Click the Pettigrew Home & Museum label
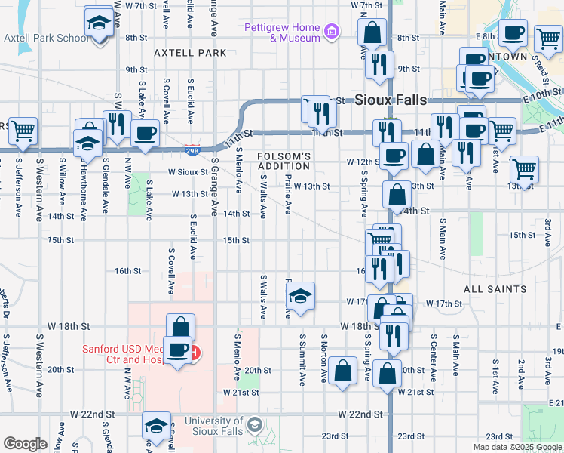pos(282,32)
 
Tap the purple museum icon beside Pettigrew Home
pos(331,32)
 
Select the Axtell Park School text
pos(47,38)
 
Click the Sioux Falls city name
pos(390,100)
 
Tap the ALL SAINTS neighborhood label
pos(495,289)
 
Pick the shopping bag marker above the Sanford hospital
pos(180,328)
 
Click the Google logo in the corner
pos(25,444)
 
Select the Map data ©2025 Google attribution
pos(516,447)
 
